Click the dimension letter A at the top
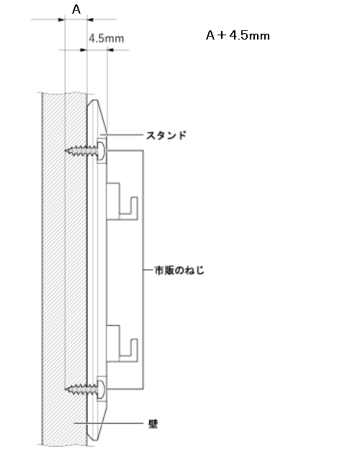(x=76, y=9)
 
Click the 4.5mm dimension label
(x=107, y=38)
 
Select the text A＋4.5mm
(x=238, y=35)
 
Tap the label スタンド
(x=166, y=135)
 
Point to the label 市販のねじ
(x=179, y=270)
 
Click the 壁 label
(x=153, y=424)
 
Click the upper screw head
(x=102, y=150)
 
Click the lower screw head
(x=102, y=389)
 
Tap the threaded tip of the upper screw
(x=67, y=150)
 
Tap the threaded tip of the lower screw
(x=67, y=389)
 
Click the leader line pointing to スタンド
(x=121, y=135)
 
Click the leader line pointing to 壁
(x=108, y=423)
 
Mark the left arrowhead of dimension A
(x=62, y=19)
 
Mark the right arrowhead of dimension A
(x=90, y=19)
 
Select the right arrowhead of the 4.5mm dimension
(x=111, y=50)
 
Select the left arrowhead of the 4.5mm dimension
(x=84, y=50)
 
